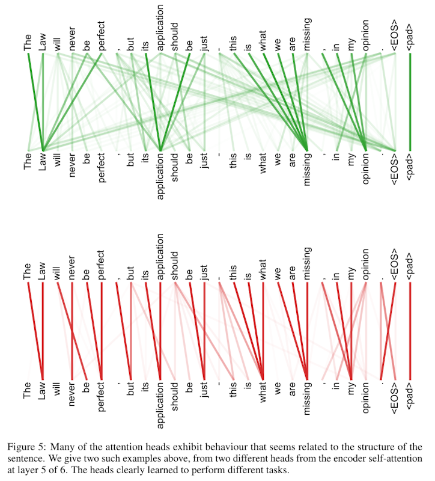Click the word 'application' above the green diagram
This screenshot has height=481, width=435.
click(160, 28)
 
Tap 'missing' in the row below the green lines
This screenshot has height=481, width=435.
click(307, 170)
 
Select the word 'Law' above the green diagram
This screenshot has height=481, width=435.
click(42, 41)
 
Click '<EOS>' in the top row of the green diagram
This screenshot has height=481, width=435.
click(395, 35)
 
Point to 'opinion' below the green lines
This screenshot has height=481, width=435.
click(365, 169)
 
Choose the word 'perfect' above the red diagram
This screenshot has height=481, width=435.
click(102, 265)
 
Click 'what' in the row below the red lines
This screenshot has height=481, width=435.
click(263, 393)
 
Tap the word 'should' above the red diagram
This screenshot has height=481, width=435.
click(175, 266)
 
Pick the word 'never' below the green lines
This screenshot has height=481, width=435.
click(72, 165)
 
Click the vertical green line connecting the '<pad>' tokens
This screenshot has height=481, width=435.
click(410, 102)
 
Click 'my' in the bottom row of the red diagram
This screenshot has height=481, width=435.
click(351, 389)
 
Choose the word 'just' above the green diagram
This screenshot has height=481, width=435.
click(204, 43)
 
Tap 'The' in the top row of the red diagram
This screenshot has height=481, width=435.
click(27, 272)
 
